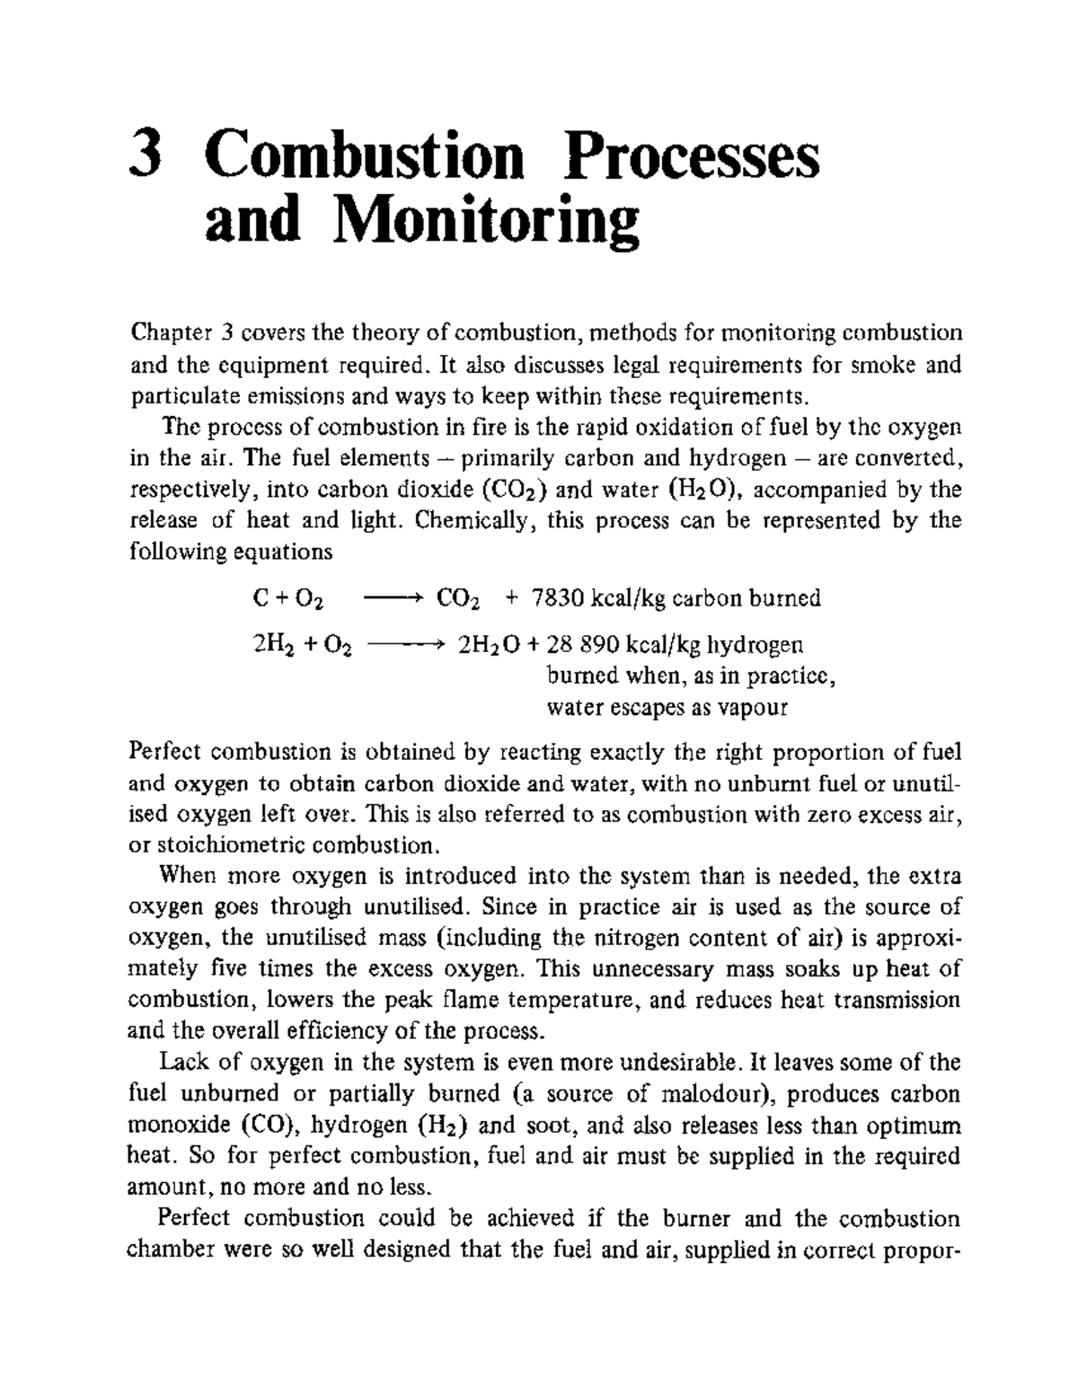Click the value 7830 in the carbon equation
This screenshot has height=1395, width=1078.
coord(559,598)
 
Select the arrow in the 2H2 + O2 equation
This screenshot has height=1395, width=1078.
coord(406,645)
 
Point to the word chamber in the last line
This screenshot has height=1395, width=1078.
coord(171,1249)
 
